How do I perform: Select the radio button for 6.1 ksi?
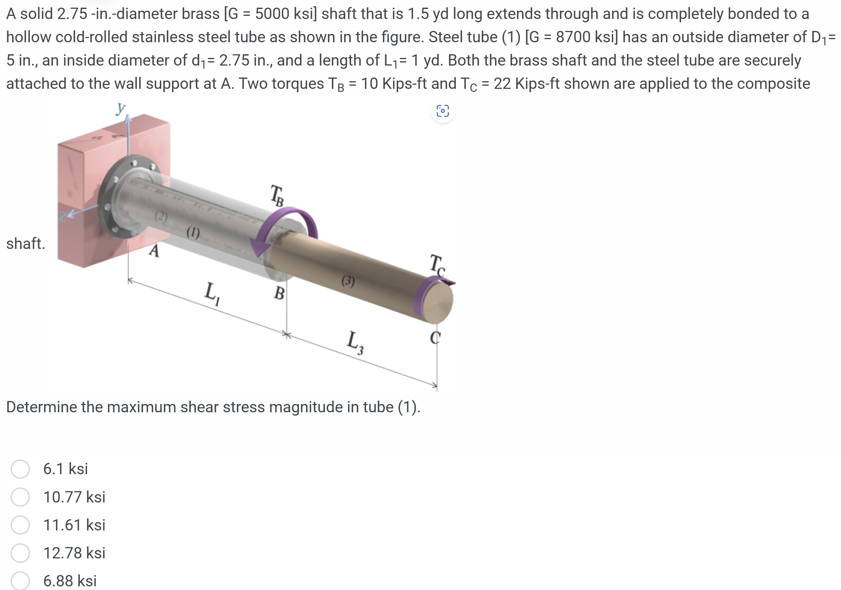click(20, 469)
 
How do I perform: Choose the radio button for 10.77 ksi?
click(20, 497)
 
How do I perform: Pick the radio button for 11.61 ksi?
click(20, 525)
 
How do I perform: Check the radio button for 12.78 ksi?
click(20, 553)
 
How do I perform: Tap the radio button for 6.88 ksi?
click(20, 580)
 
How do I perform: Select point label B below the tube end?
click(279, 293)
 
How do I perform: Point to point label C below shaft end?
click(435, 337)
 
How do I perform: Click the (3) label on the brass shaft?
click(348, 281)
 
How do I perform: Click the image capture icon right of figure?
click(442, 111)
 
